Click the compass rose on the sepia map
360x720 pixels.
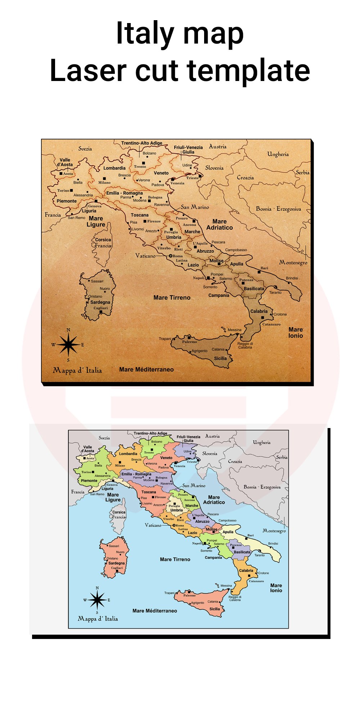pos(68,345)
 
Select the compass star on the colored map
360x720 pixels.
pos(97,600)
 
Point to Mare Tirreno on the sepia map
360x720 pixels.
pos(172,298)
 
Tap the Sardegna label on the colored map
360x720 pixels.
pos(116,563)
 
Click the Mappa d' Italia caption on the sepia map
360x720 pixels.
pos(77,370)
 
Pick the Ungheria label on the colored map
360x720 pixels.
pos(262,442)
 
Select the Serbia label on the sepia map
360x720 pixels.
pos(302,172)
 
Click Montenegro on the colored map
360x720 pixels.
pos(274,531)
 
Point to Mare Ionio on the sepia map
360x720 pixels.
pos(296,333)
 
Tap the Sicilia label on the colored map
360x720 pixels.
pos(215,609)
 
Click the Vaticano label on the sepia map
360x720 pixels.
pos(145,256)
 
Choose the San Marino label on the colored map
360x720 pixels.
pos(194,486)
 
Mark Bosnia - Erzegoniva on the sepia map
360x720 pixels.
pos(278,209)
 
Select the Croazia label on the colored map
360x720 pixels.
pos(235,461)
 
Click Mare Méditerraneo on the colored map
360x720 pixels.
pos(154,611)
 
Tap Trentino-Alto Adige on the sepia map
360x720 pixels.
pos(141,143)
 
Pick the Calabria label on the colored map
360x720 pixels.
pos(246,571)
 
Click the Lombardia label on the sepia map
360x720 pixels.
pos(114,168)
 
